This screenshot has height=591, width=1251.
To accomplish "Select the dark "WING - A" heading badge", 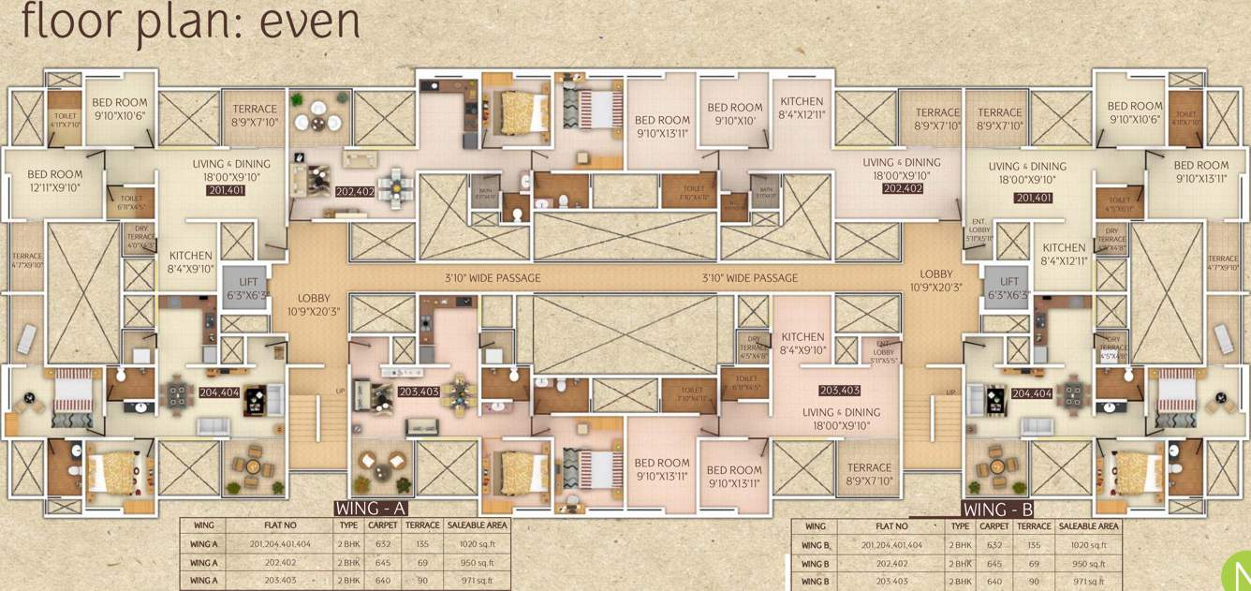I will pos(371,509).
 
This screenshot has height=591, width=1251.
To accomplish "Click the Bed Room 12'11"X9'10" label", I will pos(54,181).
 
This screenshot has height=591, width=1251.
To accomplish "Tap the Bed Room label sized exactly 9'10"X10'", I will pos(735,114).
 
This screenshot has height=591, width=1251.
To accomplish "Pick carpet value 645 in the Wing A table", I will pos(382,563).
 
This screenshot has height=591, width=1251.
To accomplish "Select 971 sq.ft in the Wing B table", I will pos(1088,582).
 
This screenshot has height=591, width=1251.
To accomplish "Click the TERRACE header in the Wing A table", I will pos(422,525).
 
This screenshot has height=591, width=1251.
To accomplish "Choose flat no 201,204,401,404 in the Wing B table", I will pos(888,545).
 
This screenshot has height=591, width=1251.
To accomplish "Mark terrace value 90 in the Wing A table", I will pos(422,581).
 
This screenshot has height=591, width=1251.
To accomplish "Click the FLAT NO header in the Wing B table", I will pos(888,526).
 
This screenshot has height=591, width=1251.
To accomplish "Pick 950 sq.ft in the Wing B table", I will pos(1088,564).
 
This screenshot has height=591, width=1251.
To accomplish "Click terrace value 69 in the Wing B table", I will pos(1034,564).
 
